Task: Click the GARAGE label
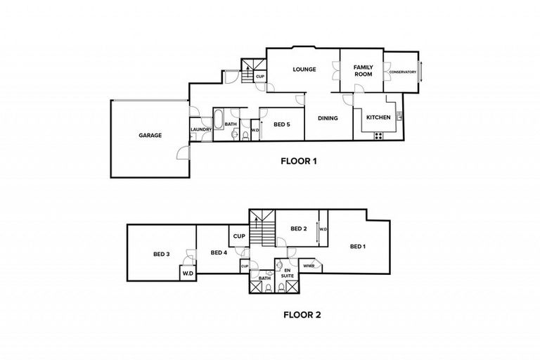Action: coord(150,135)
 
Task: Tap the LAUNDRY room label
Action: coord(200,129)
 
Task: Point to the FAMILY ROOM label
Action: coord(363,70)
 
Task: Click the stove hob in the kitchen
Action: coord(378,136)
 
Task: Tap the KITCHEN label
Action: coord(378,118)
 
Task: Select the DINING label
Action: coord(328,118)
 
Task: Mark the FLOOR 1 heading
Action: coord(299,161)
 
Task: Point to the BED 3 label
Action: coord(162,254)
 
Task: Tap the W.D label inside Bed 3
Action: coord(188,273)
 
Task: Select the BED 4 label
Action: coord(218,252)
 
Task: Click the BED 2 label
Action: coord(299,229)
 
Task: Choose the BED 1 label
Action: coord(358,246)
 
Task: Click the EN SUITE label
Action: coord(288,273)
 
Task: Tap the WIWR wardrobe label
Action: coord(308,266)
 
